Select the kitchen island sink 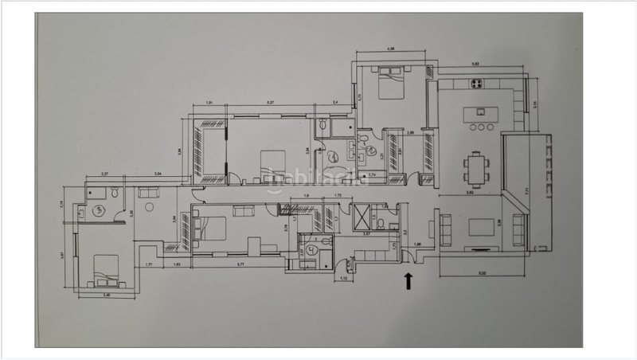point(480,110)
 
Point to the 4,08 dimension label point(391,50)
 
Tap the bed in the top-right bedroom point(390,84)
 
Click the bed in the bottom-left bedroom point(104,272)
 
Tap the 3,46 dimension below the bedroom point(106,295)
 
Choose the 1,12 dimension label point(345,280)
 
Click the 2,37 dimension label point(104,174)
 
